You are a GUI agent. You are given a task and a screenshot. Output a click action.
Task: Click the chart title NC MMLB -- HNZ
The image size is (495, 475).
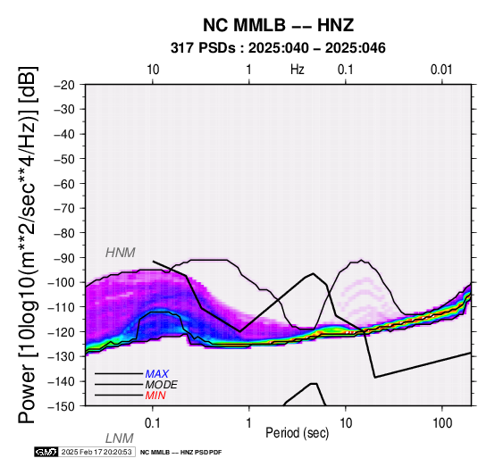278,25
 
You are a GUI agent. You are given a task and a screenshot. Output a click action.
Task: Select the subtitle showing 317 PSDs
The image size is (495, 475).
278,48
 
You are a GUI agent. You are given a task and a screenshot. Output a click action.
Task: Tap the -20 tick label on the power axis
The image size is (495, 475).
64,85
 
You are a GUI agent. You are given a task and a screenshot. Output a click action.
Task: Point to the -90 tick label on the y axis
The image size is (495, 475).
64,258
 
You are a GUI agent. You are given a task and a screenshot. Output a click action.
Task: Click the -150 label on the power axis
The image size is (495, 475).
62,406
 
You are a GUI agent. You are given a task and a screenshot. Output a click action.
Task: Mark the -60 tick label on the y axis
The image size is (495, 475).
64,184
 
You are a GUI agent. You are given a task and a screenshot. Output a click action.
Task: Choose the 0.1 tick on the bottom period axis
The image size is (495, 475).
153,423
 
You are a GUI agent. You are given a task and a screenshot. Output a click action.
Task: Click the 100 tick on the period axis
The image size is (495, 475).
442,423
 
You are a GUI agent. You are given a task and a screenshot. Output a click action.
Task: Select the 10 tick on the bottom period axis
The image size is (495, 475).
346,423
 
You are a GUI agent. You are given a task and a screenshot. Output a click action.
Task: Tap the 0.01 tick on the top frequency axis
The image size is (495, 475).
441,70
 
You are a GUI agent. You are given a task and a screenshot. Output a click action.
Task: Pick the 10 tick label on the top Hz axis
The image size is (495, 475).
153,70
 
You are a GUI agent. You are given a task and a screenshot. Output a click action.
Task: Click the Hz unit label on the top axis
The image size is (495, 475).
297,70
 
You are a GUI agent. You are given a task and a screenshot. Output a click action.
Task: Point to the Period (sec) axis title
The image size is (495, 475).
297,433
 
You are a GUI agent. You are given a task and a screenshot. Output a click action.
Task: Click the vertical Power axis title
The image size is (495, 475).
27,245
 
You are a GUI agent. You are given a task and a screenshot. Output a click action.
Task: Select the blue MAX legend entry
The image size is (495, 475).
157,374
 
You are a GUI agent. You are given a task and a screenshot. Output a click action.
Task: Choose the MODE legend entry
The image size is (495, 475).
162,385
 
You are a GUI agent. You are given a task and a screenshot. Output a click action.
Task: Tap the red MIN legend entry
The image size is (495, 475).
155,396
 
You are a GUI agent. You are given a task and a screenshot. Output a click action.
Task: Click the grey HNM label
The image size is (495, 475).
121,253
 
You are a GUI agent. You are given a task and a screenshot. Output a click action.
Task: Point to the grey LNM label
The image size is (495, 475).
120,438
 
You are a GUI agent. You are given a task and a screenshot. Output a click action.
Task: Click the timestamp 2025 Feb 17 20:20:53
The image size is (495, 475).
96,452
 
